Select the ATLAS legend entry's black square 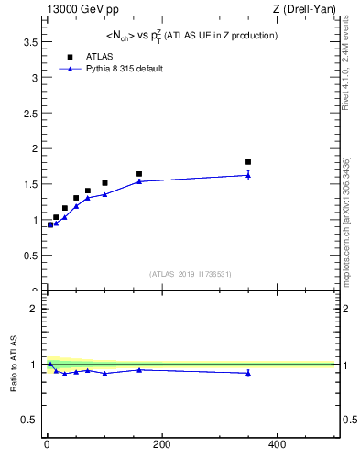[x=70, y=56]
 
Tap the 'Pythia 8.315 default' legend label [x=124, y=69]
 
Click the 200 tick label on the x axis [x=161, y=445]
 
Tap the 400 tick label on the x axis [x=277, y=445]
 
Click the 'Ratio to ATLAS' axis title [x=14, y=365]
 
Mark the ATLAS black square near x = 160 [x=139, y=174]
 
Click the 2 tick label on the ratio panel [x=33, y=309]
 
